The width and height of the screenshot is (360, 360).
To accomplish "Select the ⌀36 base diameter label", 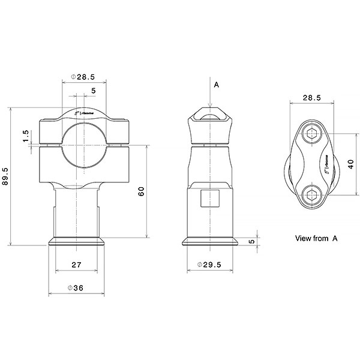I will (76, 288).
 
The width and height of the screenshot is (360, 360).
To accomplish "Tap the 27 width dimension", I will (76, 265).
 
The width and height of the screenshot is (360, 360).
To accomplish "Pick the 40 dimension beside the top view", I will (351, 164).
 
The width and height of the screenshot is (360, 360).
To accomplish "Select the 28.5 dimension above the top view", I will (311, 97).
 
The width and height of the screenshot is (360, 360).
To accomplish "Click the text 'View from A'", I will (316, 238).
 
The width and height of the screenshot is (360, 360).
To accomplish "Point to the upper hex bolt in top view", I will (311, 134).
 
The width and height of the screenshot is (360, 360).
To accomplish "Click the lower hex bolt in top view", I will (311, 193).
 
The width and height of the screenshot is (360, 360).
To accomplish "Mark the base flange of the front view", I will (77, 242).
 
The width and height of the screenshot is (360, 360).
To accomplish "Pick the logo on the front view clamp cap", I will (84, 112).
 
